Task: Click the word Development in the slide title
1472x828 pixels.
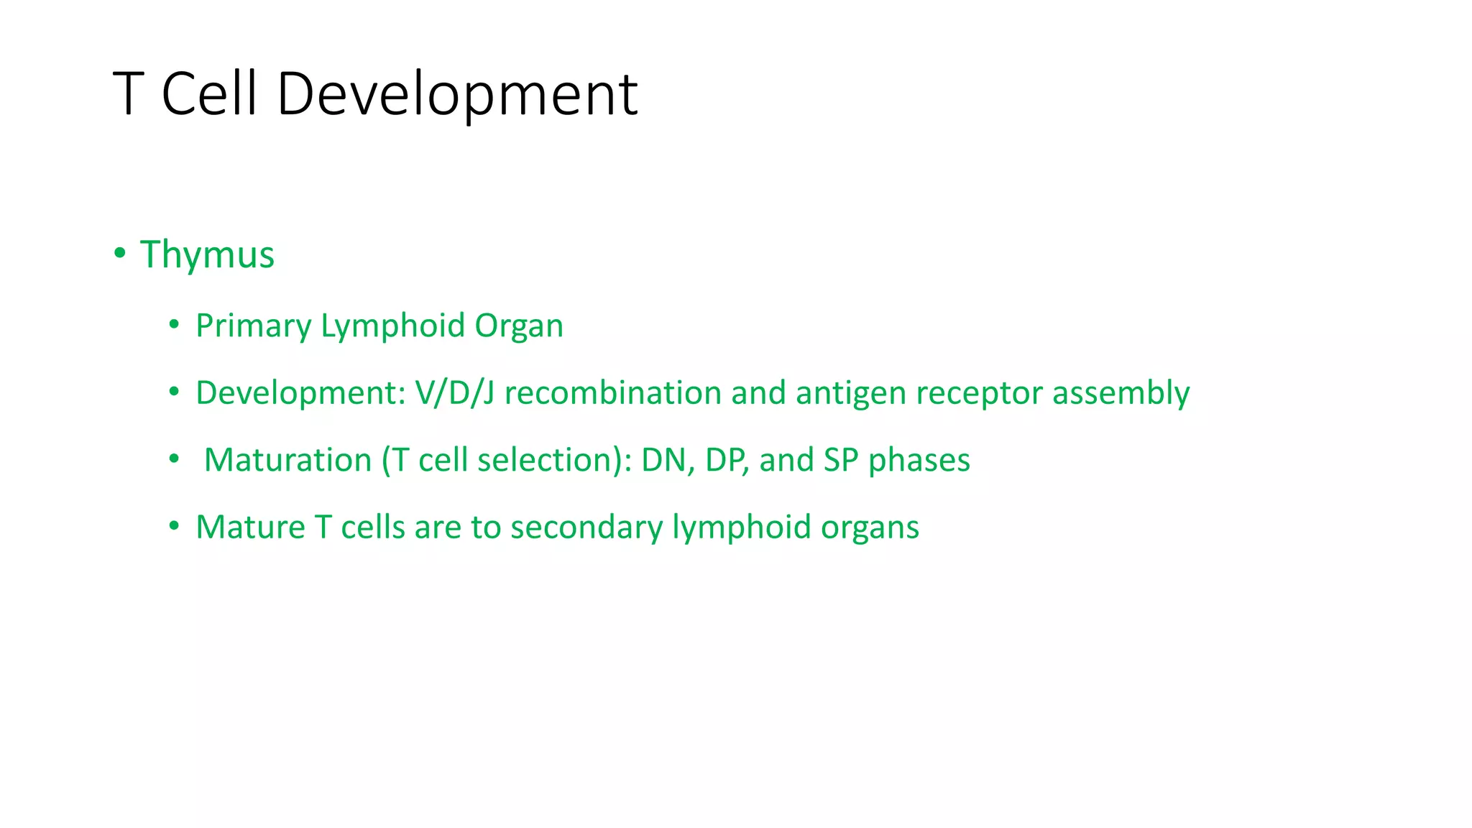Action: coord(457,94)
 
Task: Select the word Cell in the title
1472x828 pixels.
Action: coord(209,94)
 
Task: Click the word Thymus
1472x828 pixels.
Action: coord(207,255)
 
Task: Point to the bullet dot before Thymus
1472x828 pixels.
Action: coord(120,253)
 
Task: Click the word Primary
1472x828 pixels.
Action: coord(253,326)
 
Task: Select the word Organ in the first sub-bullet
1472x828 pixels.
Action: coord(519,326)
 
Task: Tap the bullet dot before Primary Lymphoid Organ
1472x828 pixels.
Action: coord(174,325)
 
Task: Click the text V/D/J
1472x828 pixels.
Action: coord(454,393)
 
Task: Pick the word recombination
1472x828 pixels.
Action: coord(612,393)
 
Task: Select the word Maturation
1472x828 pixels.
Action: coord(287,460)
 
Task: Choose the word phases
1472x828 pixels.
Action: coord(919,460)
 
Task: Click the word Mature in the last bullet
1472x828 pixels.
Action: coord(250,527)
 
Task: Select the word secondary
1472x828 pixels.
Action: coord(586,527)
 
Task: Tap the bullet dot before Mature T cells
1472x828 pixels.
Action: coord(174,526)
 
